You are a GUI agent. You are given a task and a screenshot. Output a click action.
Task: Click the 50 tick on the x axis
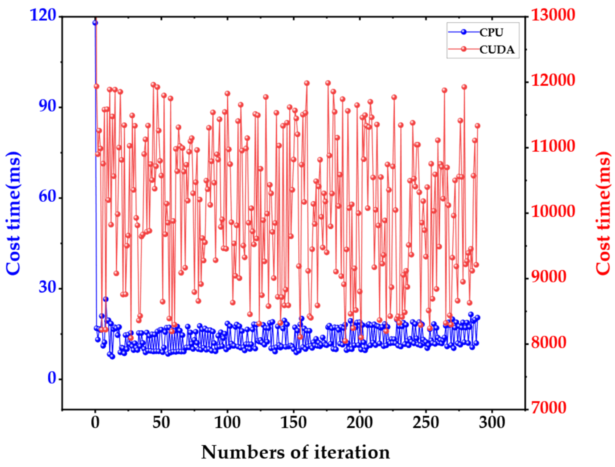pos(161,423)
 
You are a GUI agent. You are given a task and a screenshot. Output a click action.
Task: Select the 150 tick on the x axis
pos(293,423)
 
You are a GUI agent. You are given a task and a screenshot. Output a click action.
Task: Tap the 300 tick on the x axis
pos(492,423)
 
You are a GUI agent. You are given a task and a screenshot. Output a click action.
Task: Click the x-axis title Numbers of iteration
pos(295,452)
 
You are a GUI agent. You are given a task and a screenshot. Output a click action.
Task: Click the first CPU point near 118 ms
pos(95,23)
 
